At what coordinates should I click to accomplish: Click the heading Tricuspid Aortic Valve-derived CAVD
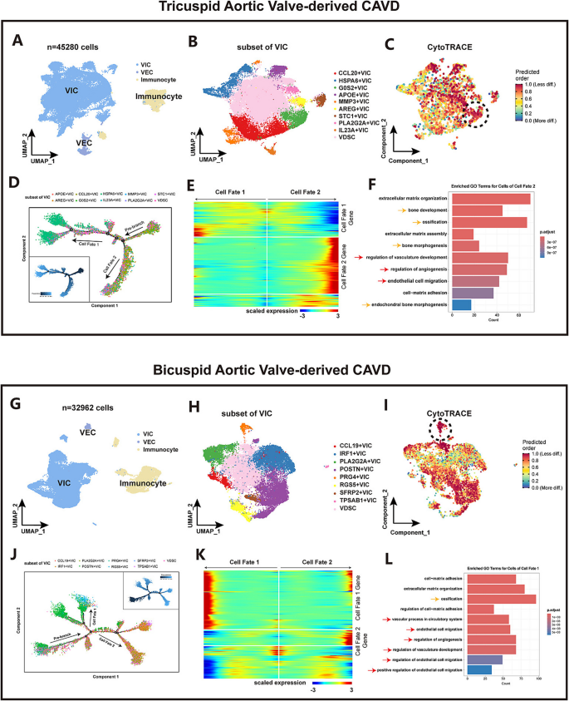tap(284, 9)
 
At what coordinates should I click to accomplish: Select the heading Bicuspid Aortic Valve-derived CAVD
tap(284, 368)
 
